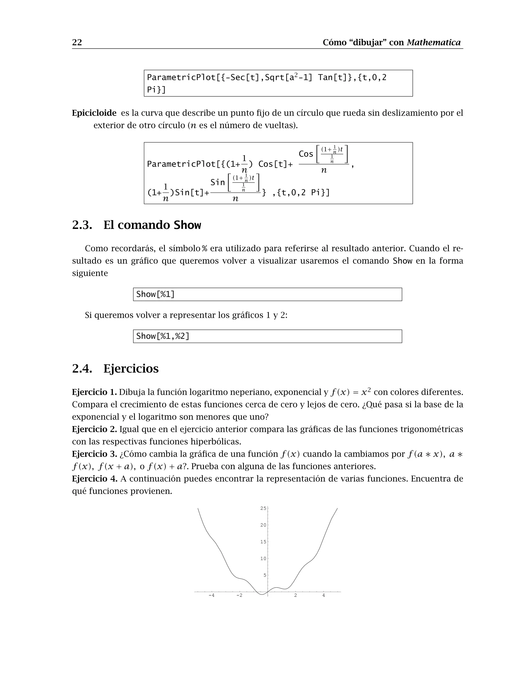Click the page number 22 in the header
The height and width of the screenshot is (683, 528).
click(77, 42)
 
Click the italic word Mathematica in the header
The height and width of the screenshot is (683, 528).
click(434, 42)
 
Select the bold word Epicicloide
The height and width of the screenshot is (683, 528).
click(94, 113)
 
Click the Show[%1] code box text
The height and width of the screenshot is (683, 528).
click(155, 294)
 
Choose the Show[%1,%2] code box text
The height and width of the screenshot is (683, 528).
click(163, 336)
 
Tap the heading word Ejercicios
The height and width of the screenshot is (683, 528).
click(131, 368)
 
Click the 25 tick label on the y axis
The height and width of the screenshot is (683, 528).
click(263, 509)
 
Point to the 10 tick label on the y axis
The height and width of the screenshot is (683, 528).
click(263, 559)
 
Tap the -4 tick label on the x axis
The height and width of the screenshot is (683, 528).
click(211, 595)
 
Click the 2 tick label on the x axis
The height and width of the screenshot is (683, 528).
click(296, 595)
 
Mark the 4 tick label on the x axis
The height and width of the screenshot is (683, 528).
click(324, 595)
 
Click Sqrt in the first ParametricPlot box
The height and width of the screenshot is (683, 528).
click(274, 78)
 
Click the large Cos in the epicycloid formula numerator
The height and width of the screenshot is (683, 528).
click(306, 154)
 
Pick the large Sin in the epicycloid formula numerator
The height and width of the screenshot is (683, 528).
click(217, 182)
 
